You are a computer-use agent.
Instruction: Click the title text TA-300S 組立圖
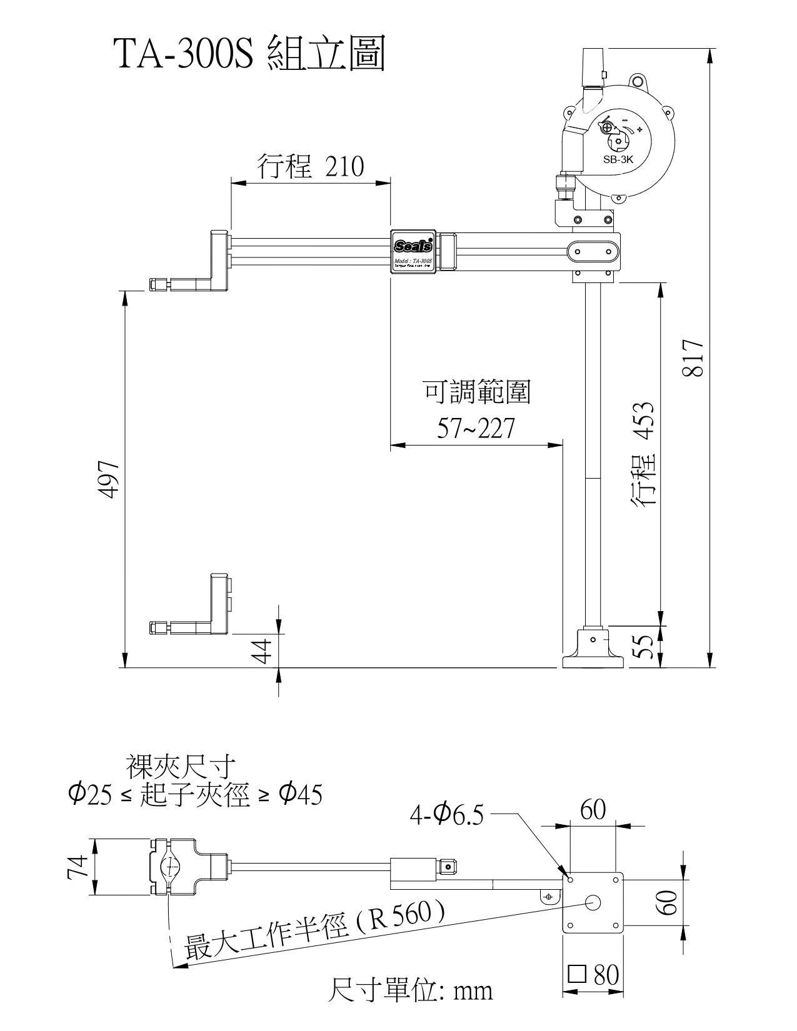[x=249, y=54]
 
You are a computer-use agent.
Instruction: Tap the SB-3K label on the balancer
[x=618, y=159]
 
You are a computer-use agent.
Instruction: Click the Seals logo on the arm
[x=413, y=245]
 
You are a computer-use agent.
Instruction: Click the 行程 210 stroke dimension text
[x=310, y=167]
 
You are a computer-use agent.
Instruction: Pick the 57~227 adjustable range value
[x=476, y=429]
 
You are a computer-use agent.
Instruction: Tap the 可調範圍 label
[x=478, y=393]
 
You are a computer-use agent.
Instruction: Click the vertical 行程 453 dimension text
[x=644, y=454]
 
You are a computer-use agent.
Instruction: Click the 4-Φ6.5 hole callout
[x=446, y=814]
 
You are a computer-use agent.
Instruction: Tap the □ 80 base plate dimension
[x=593, y=974]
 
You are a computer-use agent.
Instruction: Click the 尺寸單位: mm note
[x=410, y=990]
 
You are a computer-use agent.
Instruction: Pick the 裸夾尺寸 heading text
[x=181, y=764]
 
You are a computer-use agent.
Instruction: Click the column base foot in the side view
[x=593, y=651]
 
